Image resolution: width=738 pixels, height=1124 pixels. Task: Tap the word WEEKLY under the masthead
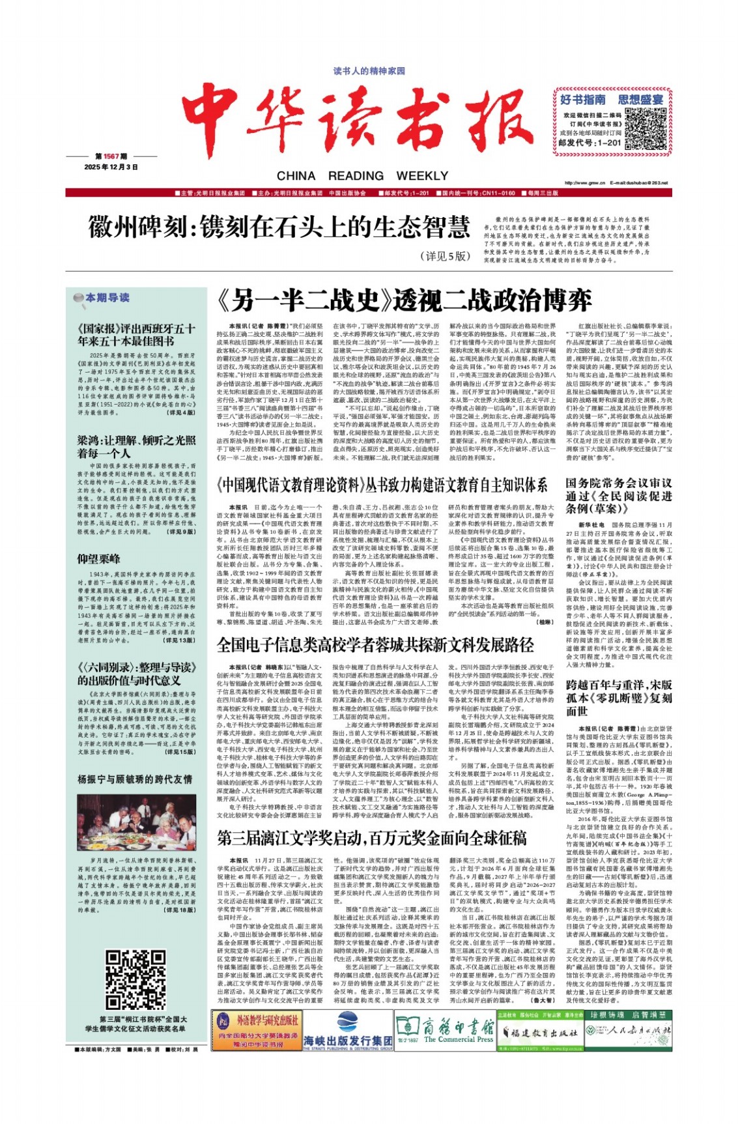click(422, 176)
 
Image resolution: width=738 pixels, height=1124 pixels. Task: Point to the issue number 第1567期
click(110, 156)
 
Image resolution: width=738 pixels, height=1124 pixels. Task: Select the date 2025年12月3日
click(111, 167)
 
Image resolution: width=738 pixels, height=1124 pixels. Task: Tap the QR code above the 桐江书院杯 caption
click(135, 980)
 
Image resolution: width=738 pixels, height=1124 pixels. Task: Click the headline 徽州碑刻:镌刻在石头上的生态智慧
click(279, 227)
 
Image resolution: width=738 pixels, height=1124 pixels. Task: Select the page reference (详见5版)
click(445, 256)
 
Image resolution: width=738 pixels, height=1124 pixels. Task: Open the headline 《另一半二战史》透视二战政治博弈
click(404, 300)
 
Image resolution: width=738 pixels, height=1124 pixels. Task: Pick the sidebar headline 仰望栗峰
click(99, 558)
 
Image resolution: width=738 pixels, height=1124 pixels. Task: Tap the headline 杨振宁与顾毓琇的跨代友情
click(135, 779)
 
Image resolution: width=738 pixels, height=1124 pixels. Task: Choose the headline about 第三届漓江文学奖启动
click(372, 837)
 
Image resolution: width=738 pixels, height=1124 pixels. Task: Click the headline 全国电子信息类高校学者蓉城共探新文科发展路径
click(375, 645)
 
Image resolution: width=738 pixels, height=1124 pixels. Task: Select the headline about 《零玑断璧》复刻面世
click(618, 697)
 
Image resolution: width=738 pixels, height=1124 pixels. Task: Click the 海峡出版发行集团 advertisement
click(348, 1041)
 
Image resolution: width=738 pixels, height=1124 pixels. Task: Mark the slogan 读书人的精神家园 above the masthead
click(369, 70)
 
